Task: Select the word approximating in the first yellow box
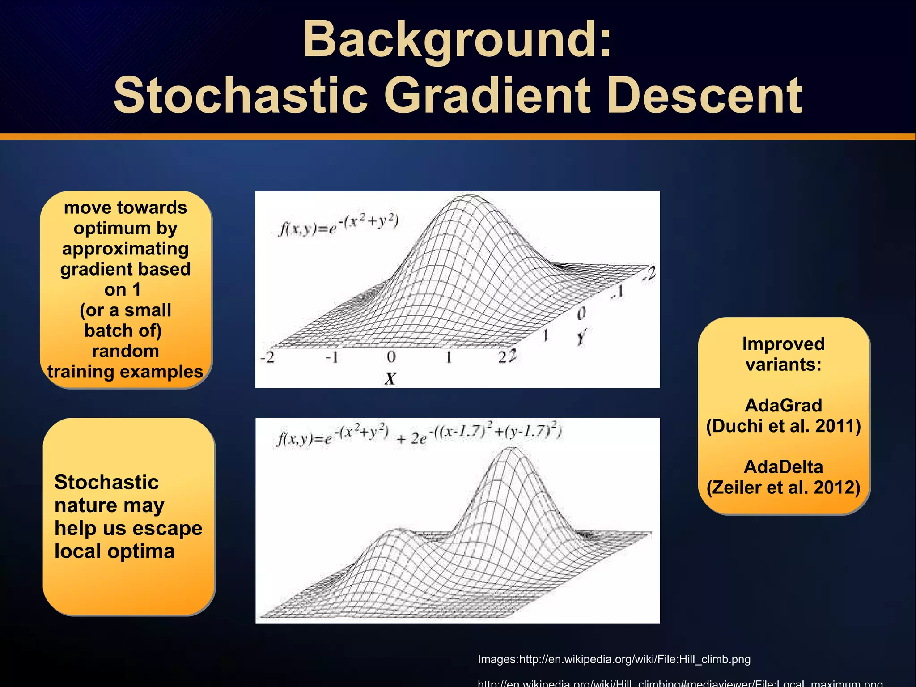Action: click(125, 249)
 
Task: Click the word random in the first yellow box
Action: click(125, 351)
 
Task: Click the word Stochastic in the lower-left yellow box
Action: click(106, 482)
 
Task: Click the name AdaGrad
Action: click(783, 405)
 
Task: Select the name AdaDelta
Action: click(783, 467)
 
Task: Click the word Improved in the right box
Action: click(783, 344)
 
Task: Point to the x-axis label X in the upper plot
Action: click(390, 379)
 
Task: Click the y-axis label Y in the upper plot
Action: click(581, 336)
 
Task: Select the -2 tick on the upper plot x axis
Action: click(267, 357)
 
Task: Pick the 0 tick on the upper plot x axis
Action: click(391, 357)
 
